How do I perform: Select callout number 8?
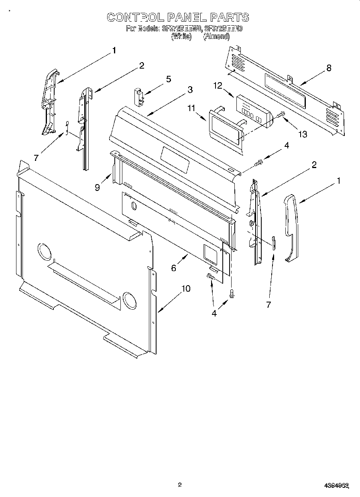329,68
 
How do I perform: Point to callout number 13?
302,134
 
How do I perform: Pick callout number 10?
185,288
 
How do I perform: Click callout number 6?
173,268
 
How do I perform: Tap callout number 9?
98,187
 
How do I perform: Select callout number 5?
169,79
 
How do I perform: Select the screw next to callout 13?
280,116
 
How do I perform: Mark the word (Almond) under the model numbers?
216,36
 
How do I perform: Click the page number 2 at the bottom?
180,485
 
